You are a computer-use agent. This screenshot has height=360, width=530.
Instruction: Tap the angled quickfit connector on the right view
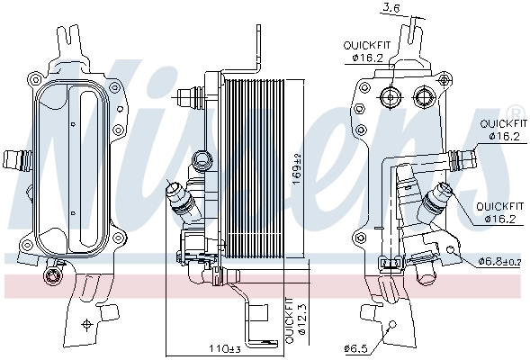click(x=437, y=197)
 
